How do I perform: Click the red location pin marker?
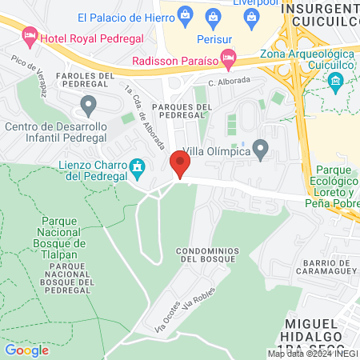[x=180, y=166]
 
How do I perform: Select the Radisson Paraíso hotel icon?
[x=229, y=56]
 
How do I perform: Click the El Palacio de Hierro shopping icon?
[x=185, y=14]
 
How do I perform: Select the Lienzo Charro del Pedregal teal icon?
[x=138, y=166]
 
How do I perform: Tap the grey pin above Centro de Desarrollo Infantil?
[x=89, y=104]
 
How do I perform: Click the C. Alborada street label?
[x=230, y=81]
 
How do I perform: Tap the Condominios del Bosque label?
[x=206, y=254]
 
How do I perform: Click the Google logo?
[x=26, y=350]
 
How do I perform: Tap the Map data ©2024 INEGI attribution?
[x=312, y=354]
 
